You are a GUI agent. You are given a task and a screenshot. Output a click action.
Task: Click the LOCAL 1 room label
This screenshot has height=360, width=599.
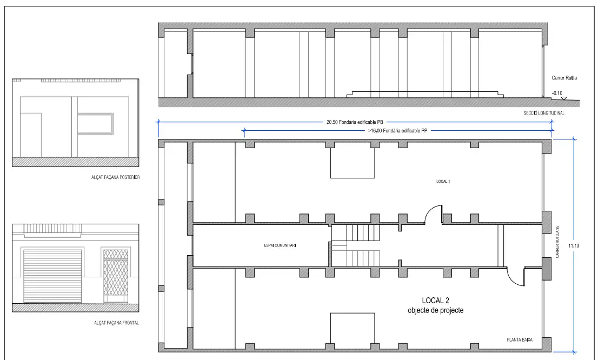click(x=443, y=182)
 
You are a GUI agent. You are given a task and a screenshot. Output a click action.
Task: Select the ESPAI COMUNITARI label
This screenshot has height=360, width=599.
click(x=280, y=245)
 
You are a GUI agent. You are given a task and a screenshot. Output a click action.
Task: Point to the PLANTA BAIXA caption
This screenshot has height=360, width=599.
click(x=520, y=340)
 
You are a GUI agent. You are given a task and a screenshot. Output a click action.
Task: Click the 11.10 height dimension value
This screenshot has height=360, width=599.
click(x=574, y=246)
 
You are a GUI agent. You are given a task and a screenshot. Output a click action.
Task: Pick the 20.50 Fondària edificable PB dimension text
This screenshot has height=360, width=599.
click(x=355, y=122)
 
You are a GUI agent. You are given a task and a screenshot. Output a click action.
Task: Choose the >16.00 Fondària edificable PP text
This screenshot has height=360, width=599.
click(x=397, y=131)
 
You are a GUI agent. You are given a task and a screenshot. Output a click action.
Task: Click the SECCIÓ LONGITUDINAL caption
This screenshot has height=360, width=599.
click(x=544, y=113)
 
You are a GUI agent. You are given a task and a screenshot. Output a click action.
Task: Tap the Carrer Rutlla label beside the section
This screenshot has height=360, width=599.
click(x=564, y=78)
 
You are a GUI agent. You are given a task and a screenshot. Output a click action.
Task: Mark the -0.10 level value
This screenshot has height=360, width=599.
click(x=557, y=93)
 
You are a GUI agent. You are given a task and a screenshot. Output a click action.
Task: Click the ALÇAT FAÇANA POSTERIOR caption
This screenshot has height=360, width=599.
click(x=115, y=177)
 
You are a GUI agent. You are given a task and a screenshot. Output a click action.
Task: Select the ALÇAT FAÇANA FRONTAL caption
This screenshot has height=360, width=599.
click(x=117, y=323)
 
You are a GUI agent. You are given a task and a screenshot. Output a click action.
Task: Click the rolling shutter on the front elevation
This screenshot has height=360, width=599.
click(x=53, y=276)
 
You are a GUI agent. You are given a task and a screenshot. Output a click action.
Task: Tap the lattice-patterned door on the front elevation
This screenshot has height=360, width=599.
click(x=116, y=276)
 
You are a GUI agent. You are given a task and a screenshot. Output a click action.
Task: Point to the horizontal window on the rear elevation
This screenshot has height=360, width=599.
click(x=96, y=123)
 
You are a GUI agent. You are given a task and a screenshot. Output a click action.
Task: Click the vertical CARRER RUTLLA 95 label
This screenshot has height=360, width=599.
click(x=557, y=242)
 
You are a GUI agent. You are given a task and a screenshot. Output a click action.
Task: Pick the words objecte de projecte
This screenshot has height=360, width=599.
click(x=436, y=310)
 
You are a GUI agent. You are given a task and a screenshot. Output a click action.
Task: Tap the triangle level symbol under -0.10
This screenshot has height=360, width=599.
click(x=563, y=98)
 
